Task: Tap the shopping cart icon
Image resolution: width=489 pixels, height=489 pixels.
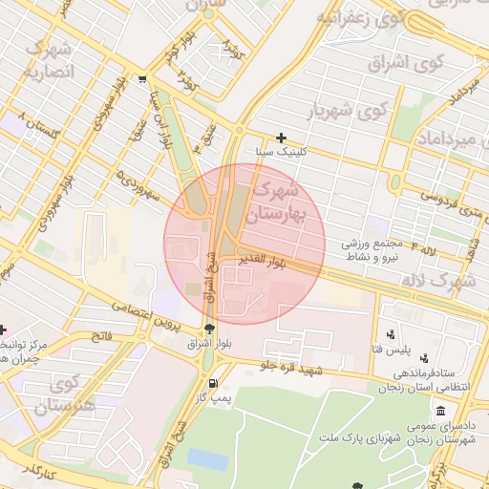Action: (x=142, y=80)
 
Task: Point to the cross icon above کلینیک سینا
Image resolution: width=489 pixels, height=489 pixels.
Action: (x=281, y=138)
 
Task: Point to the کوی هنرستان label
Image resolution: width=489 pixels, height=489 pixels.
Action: (x=64, y=395)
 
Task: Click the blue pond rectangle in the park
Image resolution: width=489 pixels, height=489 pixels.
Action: (x=207, y=458)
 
